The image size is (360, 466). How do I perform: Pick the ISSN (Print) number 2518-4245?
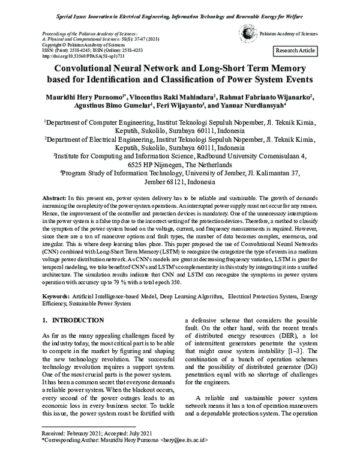[83, 50]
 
